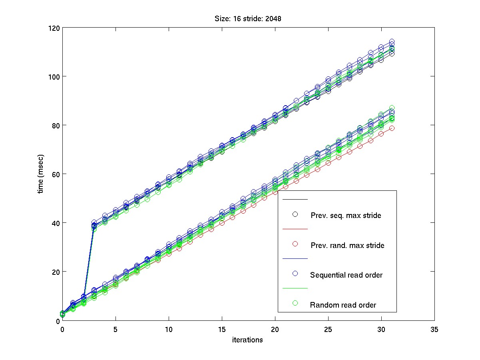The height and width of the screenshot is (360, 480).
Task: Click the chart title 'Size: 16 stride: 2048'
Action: point(248,19)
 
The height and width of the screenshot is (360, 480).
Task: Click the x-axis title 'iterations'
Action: point(247,340)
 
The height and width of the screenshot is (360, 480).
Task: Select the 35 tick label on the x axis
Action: point(434,329)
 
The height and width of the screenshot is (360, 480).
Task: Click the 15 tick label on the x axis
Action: point(221,329)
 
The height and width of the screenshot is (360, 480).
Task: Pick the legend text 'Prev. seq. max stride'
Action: point(346,216)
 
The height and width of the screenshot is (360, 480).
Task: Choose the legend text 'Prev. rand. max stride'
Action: point(347,246)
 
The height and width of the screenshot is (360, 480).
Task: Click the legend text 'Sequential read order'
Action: point(346,275)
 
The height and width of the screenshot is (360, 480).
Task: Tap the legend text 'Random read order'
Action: point(343,305)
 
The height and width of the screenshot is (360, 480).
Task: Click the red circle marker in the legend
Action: point(295,244)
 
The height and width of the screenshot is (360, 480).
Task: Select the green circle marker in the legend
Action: point(295,303)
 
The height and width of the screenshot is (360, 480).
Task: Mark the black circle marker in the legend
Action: point(295,214)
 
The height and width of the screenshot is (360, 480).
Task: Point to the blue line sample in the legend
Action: point(295,259)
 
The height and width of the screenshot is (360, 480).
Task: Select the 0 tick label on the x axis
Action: point(62,329)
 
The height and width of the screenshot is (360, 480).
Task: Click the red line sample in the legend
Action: point(295,229)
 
